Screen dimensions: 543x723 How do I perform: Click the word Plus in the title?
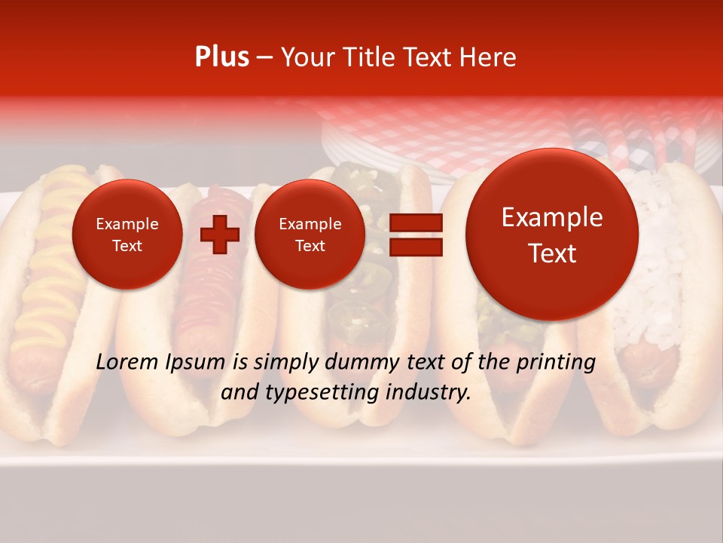(x=221, y=57)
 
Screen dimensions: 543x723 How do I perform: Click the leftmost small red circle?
(x=127, y=234)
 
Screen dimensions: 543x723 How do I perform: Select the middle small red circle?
(x=310, y=234)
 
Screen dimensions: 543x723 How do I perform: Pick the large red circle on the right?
(x=552, y=235)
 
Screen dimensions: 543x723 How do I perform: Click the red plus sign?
(x=220, y=235)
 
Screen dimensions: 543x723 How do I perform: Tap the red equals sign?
(x=415, y=235)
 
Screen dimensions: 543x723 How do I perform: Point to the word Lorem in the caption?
(x=127, y=362)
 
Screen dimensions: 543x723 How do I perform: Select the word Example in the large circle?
(x=552, y=217)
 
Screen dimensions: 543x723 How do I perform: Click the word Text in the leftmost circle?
(x=127, y=245)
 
